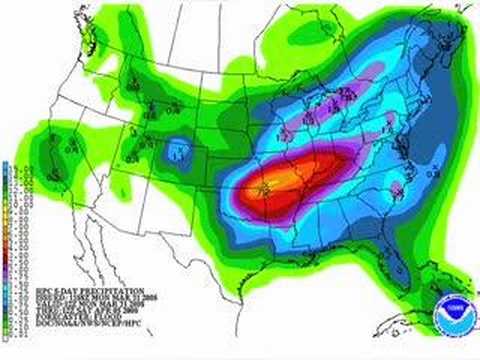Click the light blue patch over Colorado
coord(178,151)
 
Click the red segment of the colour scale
coord(7,227)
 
